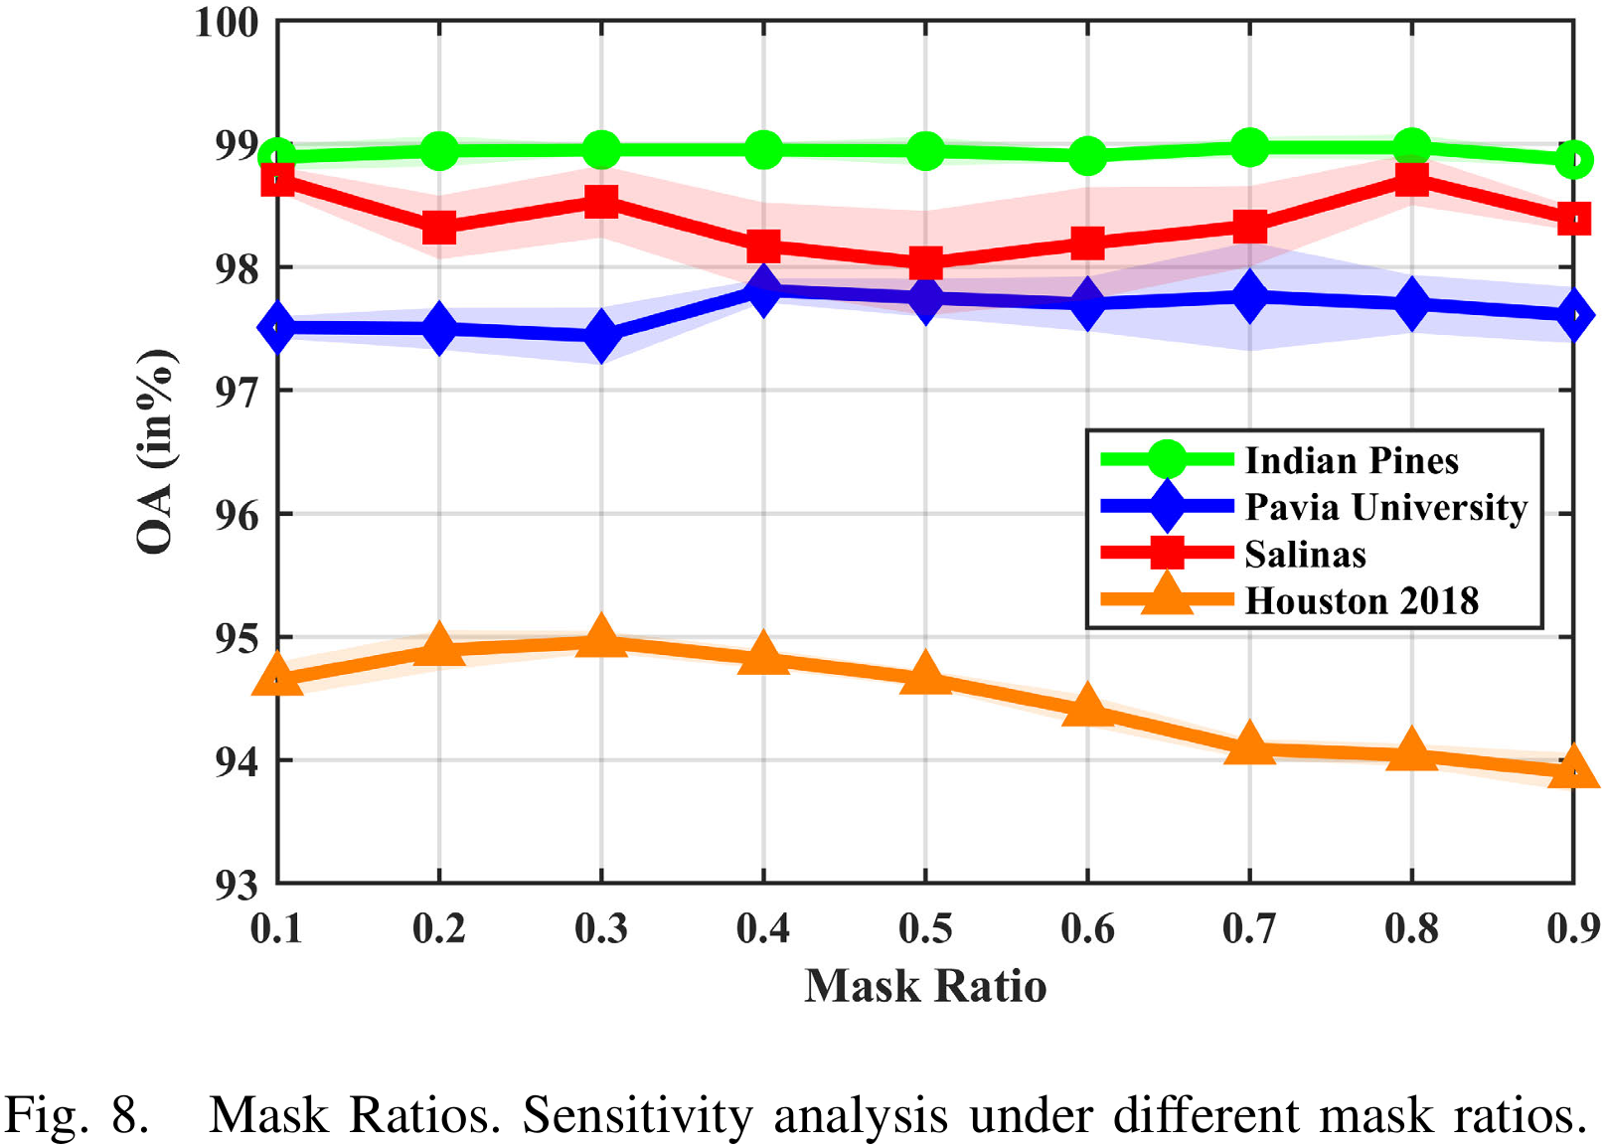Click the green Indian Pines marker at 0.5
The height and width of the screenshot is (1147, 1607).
pos(925,152)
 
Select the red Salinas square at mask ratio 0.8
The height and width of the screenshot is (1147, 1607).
pos(1411,179)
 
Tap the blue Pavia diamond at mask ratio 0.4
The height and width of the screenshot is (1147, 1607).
pos(763,290)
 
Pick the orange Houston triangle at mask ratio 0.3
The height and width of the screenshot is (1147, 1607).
pos(600,637)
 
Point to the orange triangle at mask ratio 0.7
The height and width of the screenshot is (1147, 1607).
pos(1249,745)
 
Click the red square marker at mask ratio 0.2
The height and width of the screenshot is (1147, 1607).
pos(439,228)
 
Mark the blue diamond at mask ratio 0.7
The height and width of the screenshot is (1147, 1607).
pos(1249,297)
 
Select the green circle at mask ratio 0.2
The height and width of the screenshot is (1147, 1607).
pos(439,152)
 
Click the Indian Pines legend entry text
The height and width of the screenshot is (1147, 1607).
pos(1351,460)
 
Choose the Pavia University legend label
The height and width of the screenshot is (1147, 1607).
pos(1385,507)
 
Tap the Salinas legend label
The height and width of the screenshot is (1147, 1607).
pos(1305,554)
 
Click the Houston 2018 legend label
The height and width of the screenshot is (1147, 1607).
pos(1362,600)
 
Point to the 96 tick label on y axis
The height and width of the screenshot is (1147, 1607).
pos(237,515)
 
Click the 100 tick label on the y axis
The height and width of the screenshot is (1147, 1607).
pos(228,22)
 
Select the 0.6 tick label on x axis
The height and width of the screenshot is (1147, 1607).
pos(1087,928)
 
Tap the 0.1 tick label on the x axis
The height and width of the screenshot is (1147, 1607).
pos(276,928)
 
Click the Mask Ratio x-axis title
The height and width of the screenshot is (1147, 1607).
pos(925,986)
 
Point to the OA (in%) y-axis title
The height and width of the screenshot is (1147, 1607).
pos(156,452)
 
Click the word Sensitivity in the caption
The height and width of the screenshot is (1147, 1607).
pos(637,1115)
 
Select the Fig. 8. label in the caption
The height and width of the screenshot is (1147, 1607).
pos(78,1115)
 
